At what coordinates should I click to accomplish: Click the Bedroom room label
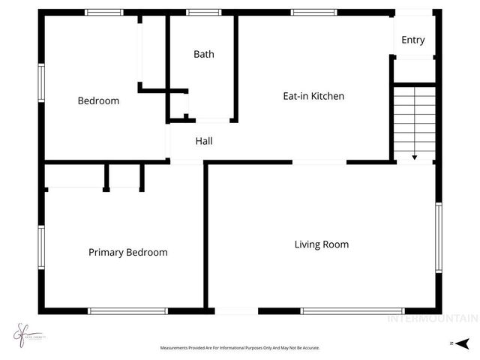coord(98,100)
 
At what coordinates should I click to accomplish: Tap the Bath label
coord(203,54)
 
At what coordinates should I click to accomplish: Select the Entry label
coord(412,40)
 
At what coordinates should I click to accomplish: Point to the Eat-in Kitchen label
coord(313,96)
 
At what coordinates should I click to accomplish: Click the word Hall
coord(204,141)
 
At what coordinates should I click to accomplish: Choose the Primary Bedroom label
coord(127,253)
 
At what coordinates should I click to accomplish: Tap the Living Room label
coord(321,244)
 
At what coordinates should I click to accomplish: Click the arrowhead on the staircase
coord(415,157)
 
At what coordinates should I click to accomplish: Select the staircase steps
coord(415,120)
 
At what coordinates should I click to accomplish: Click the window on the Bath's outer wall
coord(199,12)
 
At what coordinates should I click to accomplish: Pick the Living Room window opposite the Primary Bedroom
coord(439,236)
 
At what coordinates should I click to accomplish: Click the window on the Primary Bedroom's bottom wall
coord(127,310)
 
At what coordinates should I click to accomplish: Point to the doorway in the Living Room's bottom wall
coord(236,310)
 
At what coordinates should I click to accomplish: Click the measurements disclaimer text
coord(239,348)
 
